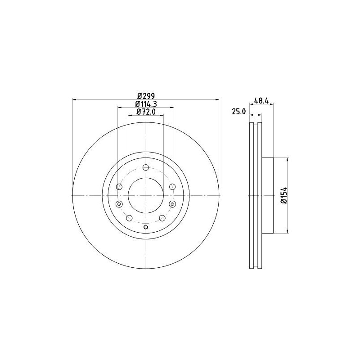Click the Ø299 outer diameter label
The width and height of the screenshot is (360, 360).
(x=145, y=95)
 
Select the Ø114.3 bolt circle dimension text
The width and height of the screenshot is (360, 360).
(x=145, y=104)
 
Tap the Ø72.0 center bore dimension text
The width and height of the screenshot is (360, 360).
(x=145, y=112)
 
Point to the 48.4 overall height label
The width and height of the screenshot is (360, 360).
(x=261, y=101)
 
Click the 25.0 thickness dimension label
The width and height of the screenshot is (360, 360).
(x=238, y=112)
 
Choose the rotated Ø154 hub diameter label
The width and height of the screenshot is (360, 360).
(x=283, y=196)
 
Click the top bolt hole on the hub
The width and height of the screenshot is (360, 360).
(x=145, y=167)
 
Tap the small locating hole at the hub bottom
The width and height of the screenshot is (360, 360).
(x=145, y=227)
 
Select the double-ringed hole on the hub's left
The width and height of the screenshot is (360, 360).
(x=119, y=204)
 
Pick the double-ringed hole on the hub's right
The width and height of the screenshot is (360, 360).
(x=172, y=204)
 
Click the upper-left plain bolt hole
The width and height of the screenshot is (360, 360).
(x=119, y=187)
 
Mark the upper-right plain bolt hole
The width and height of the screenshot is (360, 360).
(x=172, y=187)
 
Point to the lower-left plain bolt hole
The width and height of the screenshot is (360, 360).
(x=130, y=218)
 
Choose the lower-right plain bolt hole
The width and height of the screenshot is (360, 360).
(x=162, y=218)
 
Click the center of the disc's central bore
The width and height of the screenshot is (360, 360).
(x=145, y=195)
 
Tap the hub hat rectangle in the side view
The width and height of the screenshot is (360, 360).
(x=268, y=195)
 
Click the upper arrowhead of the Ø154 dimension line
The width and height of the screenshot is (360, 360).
(x=287, y=160)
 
